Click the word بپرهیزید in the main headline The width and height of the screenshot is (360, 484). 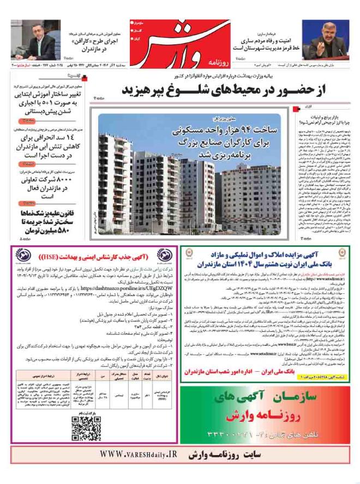[140, 89]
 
